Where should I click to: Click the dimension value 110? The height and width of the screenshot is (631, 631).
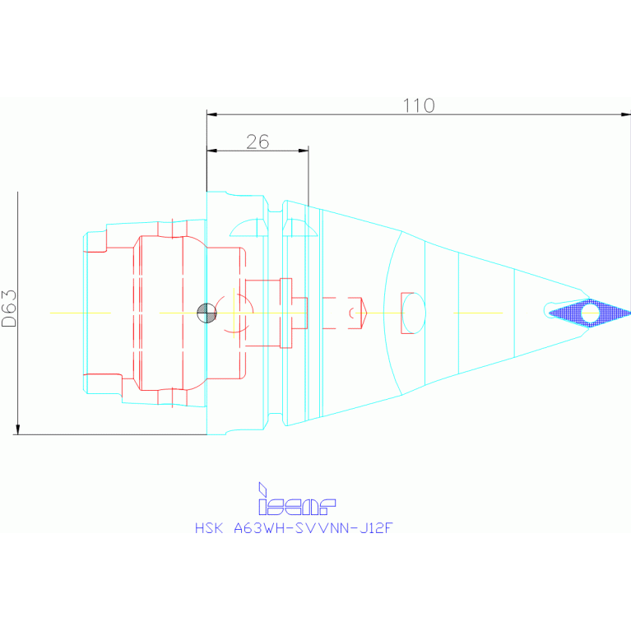[419, 106]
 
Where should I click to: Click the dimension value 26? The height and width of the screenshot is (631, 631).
[258, 142]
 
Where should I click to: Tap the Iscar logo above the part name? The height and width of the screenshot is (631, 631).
[297, 499]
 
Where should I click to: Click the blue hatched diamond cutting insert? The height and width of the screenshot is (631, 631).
[589, 313]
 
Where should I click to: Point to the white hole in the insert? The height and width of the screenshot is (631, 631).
[590, 313]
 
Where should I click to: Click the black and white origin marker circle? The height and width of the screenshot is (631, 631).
[206, 313]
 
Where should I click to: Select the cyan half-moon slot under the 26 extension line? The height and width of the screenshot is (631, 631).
[299, 228]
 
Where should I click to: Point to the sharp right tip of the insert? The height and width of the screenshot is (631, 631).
[629, 313]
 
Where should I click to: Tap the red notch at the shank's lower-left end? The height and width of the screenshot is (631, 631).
[103, 379]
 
